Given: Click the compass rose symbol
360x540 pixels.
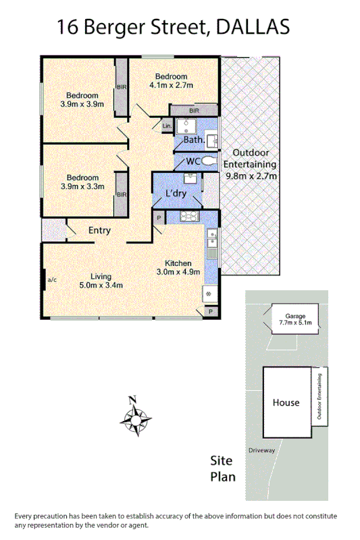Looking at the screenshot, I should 135,418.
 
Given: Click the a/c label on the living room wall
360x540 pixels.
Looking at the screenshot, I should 52,278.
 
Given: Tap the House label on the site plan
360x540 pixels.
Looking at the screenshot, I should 286,403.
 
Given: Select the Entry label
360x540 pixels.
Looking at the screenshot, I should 99,231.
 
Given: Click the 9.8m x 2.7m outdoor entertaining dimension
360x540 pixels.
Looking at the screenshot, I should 250,176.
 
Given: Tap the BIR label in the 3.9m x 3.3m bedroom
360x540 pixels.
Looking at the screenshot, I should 122,195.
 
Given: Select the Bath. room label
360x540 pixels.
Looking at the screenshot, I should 194,140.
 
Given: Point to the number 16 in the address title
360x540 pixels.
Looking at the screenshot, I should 66,27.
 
